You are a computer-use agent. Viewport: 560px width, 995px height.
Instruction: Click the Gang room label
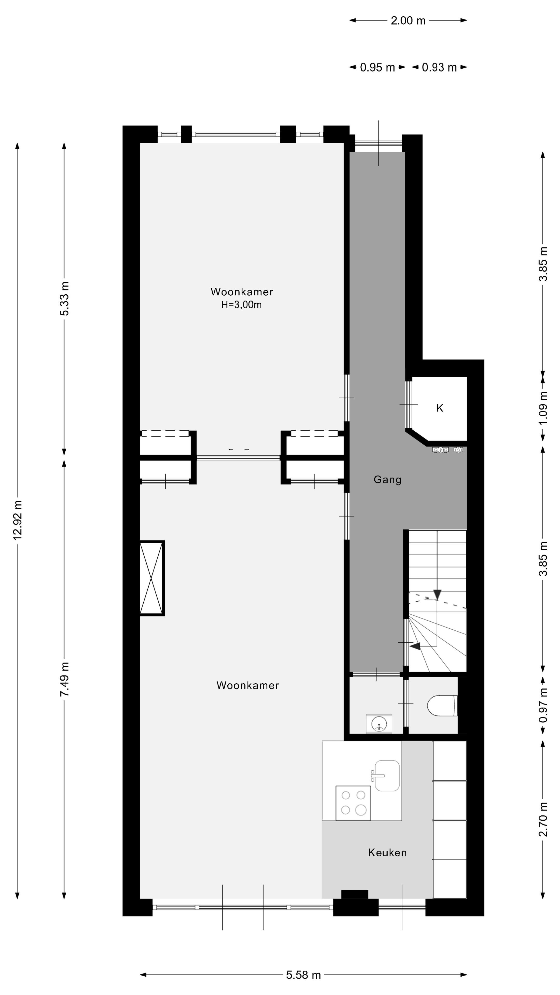click(x=387, y=480)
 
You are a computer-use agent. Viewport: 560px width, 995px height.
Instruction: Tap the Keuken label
click(x=387, y=852)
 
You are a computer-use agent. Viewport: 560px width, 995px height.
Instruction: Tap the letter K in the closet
click(x=439, y=408)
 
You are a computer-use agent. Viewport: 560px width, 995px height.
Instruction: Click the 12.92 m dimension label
click(x=17, y=520)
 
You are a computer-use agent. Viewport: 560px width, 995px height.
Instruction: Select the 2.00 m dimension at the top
click(x=408, y=20)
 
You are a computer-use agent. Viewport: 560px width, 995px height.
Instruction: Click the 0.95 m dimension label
click(x=377, y=68)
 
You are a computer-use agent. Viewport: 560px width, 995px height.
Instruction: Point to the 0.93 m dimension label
click(x=439, y=68)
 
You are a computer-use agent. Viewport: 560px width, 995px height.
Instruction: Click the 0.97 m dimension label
click(x=543, y=705)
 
